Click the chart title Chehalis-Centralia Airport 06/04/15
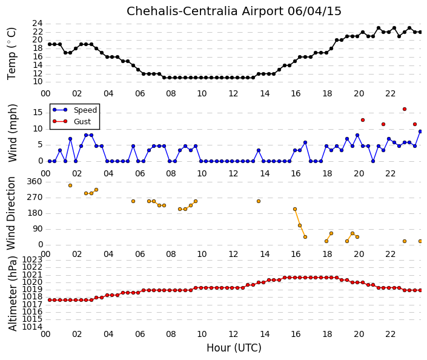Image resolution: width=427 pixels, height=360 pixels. click(x=234, y=12)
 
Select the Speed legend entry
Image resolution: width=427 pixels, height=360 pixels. click(x=75, y=110)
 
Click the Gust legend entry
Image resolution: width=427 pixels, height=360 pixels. click(x=71, y=122)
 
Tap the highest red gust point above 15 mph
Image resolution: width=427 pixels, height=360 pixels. click(x=405, y=109)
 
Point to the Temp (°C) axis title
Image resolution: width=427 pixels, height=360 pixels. click(x=12, y=53)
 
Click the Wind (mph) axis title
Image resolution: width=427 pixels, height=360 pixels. click(x=12, y=133)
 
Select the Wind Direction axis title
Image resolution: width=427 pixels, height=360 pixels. click(x=11, y=213)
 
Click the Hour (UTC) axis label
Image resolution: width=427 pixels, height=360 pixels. click(x=234, y=348)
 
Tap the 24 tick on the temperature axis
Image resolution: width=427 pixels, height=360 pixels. click(x=38, y=24)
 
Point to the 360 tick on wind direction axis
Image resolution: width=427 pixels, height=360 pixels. click(x=35, y=182)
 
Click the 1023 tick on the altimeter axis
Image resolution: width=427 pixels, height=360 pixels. click(x=32, y=259)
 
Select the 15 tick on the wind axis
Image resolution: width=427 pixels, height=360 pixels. click(x=38, y=113)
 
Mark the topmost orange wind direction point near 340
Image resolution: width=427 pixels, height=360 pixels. click(x=70, y=185)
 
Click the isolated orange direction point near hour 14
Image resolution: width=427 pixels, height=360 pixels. click(x=259, y=201)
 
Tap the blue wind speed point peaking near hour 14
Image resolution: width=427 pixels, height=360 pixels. click(x=259, y=150)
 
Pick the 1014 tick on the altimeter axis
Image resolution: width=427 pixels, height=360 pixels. click(x=32, y=327)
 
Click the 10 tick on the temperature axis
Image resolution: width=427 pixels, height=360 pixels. click(x=38, y=82)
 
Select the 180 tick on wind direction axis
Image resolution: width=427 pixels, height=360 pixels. click(x=35, y=213)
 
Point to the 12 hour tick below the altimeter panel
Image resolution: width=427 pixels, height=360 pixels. click(x=233, y=334)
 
